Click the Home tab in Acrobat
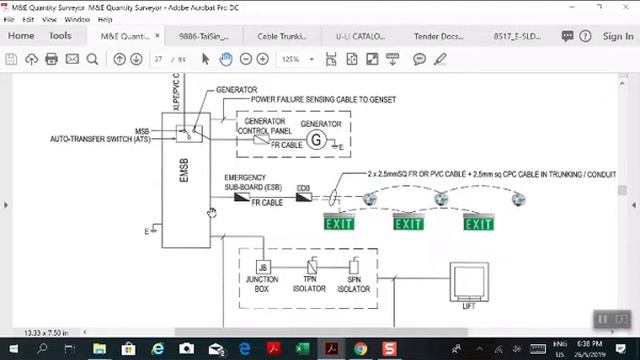pos(21,36)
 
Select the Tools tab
pos(60,36)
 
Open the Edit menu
pos(27,19)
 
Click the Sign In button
pos(618,36)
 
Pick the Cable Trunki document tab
pos(282,36)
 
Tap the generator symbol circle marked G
pos(316,140)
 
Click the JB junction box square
pos(263,268)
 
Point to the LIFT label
pos(469,306)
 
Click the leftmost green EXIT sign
pos(339,223)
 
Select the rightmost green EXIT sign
pos(478,223)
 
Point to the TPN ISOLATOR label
pos(310,284)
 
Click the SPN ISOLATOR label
pos(353,284)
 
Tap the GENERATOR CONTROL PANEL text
pos(264,127)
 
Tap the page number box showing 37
pos(158,59)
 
